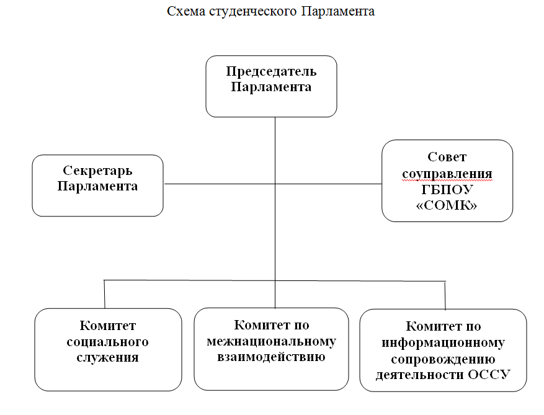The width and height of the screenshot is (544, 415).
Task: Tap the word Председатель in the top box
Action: coord(271,71)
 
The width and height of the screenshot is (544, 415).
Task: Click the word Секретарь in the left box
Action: coord(97,171)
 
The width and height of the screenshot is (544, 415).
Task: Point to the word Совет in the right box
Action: coord(447,157)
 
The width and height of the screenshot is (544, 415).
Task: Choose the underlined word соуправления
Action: coord(447,174)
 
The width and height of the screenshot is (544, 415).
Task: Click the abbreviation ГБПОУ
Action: coord(447,189)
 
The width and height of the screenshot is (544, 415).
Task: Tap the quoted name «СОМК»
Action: coord(447,205)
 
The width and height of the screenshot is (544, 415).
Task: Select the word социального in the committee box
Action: coord(107,342)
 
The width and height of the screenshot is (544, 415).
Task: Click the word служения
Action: coord(107,357)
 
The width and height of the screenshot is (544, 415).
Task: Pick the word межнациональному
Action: coord(271,341)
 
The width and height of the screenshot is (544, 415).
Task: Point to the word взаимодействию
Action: coord(271,357)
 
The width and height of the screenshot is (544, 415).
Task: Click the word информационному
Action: coord(444,343)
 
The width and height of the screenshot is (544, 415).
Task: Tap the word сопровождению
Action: coord(443,359)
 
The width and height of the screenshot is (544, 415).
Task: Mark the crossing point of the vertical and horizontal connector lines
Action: coord(275,184)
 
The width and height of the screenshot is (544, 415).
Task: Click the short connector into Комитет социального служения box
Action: coord(104,294)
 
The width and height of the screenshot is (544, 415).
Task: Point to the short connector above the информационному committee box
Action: coord(445,295)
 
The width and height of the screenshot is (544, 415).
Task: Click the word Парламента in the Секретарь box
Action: coord(97,186)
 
